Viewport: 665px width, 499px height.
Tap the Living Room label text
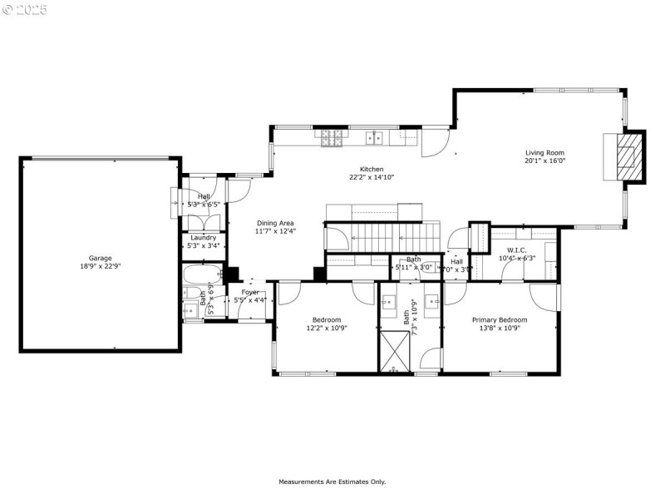click(544, 152)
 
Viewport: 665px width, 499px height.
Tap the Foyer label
click(250, 292)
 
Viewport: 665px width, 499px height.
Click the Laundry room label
click(203, 237)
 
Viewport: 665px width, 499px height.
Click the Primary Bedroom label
click(500, 319)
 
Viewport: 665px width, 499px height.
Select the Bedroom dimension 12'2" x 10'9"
click(327, 329)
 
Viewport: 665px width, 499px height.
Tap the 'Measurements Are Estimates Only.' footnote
click(332, 482)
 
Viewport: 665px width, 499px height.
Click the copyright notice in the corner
click(24, 10)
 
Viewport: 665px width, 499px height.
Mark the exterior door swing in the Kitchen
click(433, 146)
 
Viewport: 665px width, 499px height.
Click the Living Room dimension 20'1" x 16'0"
click(544, 161)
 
